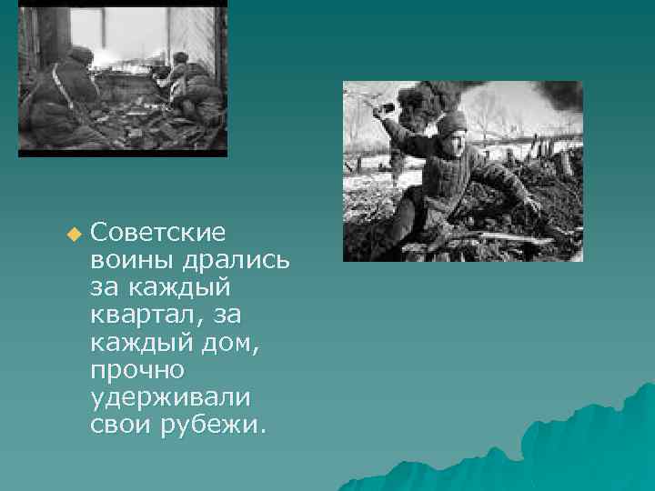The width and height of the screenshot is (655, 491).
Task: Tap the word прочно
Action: point(137,370)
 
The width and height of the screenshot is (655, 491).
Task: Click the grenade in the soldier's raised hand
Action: point(387,108)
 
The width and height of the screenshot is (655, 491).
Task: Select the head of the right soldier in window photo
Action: point(181,59)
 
